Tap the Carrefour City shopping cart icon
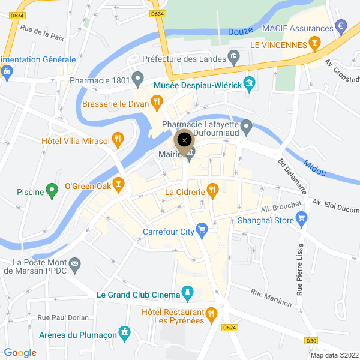click(x=202, y=229)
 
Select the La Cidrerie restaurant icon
click(x=212, y=191)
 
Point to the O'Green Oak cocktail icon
click(x=119, y=185)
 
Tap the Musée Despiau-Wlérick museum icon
click(x=249, y=84)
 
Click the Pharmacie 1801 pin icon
click(x=138, y=78)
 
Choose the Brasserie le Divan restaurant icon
click(x=156, y=103)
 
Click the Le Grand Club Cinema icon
click(x=188, y=293)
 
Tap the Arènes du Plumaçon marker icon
click(x=124, y=332)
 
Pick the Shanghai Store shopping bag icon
click(x=301, y=219)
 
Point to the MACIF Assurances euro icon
click(x=341, y=26)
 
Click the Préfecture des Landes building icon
click(x=234, y=58)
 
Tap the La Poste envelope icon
click(x=75, y=263)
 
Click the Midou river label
click(x=314, y=167)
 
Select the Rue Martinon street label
click(x=271, y=297)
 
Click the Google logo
click(x=20, y=353)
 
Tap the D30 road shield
click(x=311, y=341)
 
